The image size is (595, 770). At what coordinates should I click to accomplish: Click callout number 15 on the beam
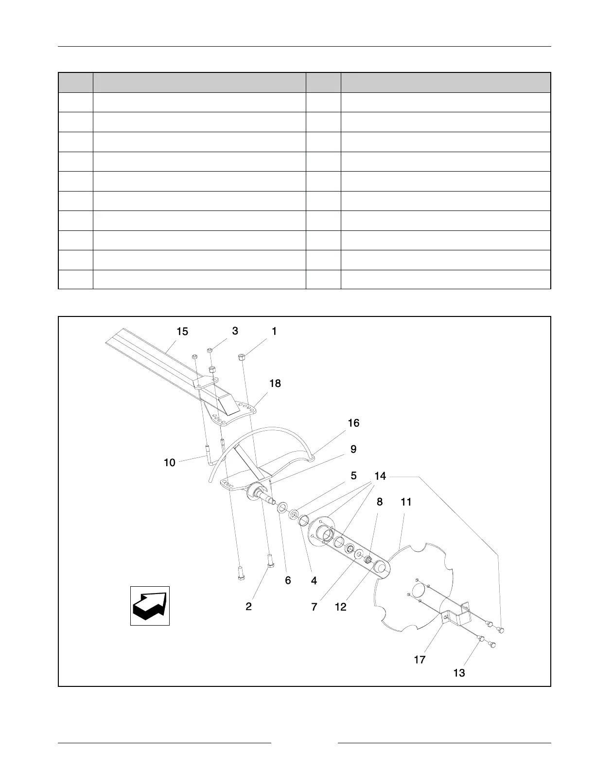tap(182, 332)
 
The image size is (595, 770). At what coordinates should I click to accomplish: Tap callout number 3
tap(235, 331)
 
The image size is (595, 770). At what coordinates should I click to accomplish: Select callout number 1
tap(274, 331)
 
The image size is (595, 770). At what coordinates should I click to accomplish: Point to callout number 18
tap(275, 384)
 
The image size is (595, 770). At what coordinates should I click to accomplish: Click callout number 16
tap(353, 423)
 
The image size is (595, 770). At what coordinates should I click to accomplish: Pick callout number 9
tap(353, 449)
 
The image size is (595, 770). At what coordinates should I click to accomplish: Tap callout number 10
tap(170, 463)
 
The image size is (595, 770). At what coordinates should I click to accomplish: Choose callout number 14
tap(380, 476)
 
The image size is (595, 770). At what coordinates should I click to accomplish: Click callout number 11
tap(406, 502)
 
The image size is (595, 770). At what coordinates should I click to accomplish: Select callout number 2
tap(248, 606)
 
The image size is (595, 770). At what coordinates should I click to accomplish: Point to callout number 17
tap(420, 660)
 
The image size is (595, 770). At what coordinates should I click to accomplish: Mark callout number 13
tap(459, 673)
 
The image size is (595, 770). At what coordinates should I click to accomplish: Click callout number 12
tap(341, 607)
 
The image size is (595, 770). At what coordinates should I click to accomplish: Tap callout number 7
tap(314, 607)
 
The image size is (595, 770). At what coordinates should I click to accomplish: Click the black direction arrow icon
tap(150, 605)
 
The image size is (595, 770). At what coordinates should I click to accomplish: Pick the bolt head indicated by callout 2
tap(270, 563)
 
